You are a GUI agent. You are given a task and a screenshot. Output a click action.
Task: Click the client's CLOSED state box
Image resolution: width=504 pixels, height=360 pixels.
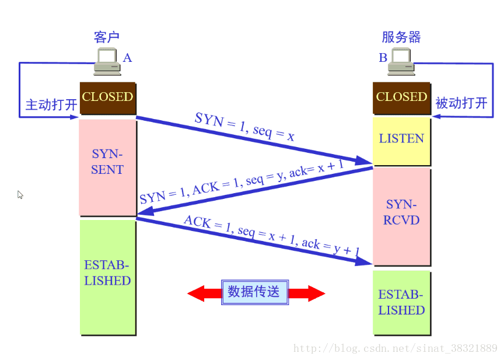[x=107, y=97]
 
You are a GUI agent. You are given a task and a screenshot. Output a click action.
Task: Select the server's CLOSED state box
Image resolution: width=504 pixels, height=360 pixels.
[x=401, y=97]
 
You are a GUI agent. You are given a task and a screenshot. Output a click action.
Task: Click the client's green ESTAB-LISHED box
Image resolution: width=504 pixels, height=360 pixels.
[x=107, y=277]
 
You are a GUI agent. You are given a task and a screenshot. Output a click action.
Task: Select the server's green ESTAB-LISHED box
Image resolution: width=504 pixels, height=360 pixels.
[x=401, y=302]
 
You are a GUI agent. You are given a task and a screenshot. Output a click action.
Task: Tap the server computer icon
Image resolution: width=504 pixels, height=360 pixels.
[x=401, y=61]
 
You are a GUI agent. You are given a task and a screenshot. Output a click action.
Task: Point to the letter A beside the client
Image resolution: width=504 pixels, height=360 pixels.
[x=127, y=58]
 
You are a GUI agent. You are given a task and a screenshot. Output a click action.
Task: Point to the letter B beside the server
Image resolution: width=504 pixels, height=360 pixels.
[x=383, y=58]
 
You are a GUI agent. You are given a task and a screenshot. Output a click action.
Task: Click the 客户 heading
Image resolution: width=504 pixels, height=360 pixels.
[x=107, y=37]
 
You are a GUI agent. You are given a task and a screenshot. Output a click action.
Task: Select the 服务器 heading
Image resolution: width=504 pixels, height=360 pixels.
[x=401, y=37]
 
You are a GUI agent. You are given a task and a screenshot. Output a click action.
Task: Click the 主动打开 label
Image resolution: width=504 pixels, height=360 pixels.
[x=51, y=105]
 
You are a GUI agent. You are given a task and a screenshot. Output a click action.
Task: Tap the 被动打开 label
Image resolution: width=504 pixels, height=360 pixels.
[x=461, y=104]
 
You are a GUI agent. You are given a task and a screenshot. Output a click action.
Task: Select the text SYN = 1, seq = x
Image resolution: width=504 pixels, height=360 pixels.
[x=244, y=127]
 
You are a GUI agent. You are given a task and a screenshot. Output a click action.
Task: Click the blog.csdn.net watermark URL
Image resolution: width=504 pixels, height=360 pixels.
[x=395, y=348]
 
